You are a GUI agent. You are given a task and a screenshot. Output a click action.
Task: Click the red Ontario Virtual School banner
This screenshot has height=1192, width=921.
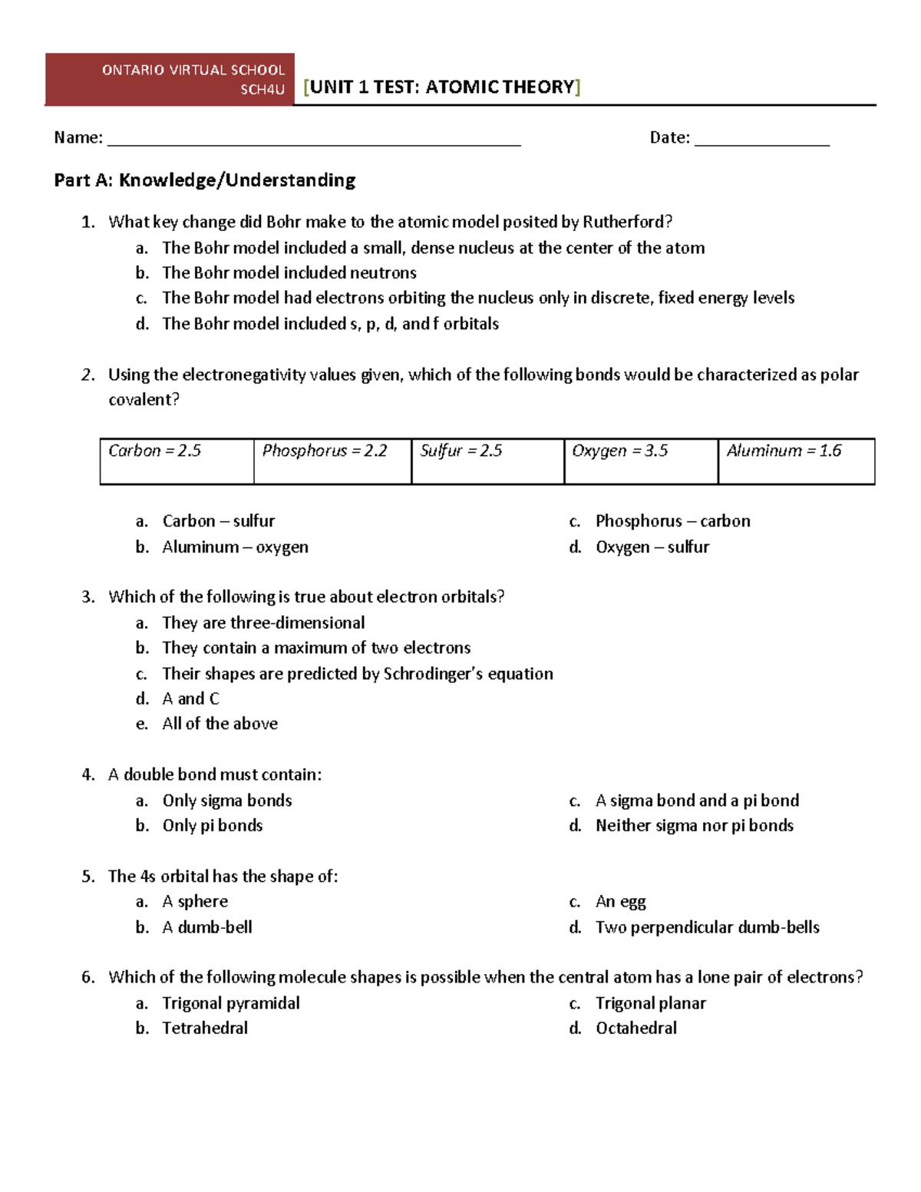pos(170,79)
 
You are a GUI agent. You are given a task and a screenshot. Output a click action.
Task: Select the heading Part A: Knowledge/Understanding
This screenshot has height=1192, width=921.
pos(205,180)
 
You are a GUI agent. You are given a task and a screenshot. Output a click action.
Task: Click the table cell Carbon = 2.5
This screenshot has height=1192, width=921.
pos(177,461)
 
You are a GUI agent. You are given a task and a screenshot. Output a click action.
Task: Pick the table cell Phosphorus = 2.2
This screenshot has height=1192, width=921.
pos(332,461)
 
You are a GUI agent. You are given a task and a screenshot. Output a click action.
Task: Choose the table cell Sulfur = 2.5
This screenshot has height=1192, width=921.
pos(487,461)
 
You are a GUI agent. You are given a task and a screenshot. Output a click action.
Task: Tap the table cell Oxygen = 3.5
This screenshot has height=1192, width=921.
pos(641,461)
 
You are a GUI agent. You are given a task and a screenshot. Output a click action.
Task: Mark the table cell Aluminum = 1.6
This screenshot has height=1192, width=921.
pos(796,461)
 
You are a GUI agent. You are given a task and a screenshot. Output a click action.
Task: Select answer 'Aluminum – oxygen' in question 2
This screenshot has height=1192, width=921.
pos(235,547)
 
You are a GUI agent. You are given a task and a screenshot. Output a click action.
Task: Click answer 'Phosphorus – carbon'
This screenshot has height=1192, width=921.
pos(672,521)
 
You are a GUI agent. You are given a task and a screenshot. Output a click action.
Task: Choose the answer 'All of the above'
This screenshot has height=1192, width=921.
pos(220,724)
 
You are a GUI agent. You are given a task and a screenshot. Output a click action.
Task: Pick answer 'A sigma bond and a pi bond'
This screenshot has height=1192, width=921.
pos(697,801)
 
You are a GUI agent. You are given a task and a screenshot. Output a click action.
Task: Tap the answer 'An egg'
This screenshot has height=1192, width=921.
pos(620,902)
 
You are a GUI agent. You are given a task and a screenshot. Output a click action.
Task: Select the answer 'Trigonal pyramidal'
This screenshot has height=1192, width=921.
pos(230,1003)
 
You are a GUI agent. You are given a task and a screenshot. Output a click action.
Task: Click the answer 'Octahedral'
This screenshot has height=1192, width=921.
pos(635,1029)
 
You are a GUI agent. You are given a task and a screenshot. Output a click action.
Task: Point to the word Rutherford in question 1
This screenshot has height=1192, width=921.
pos(626,222)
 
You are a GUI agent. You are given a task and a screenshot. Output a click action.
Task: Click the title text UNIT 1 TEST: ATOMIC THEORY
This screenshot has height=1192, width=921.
pos(442,87)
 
